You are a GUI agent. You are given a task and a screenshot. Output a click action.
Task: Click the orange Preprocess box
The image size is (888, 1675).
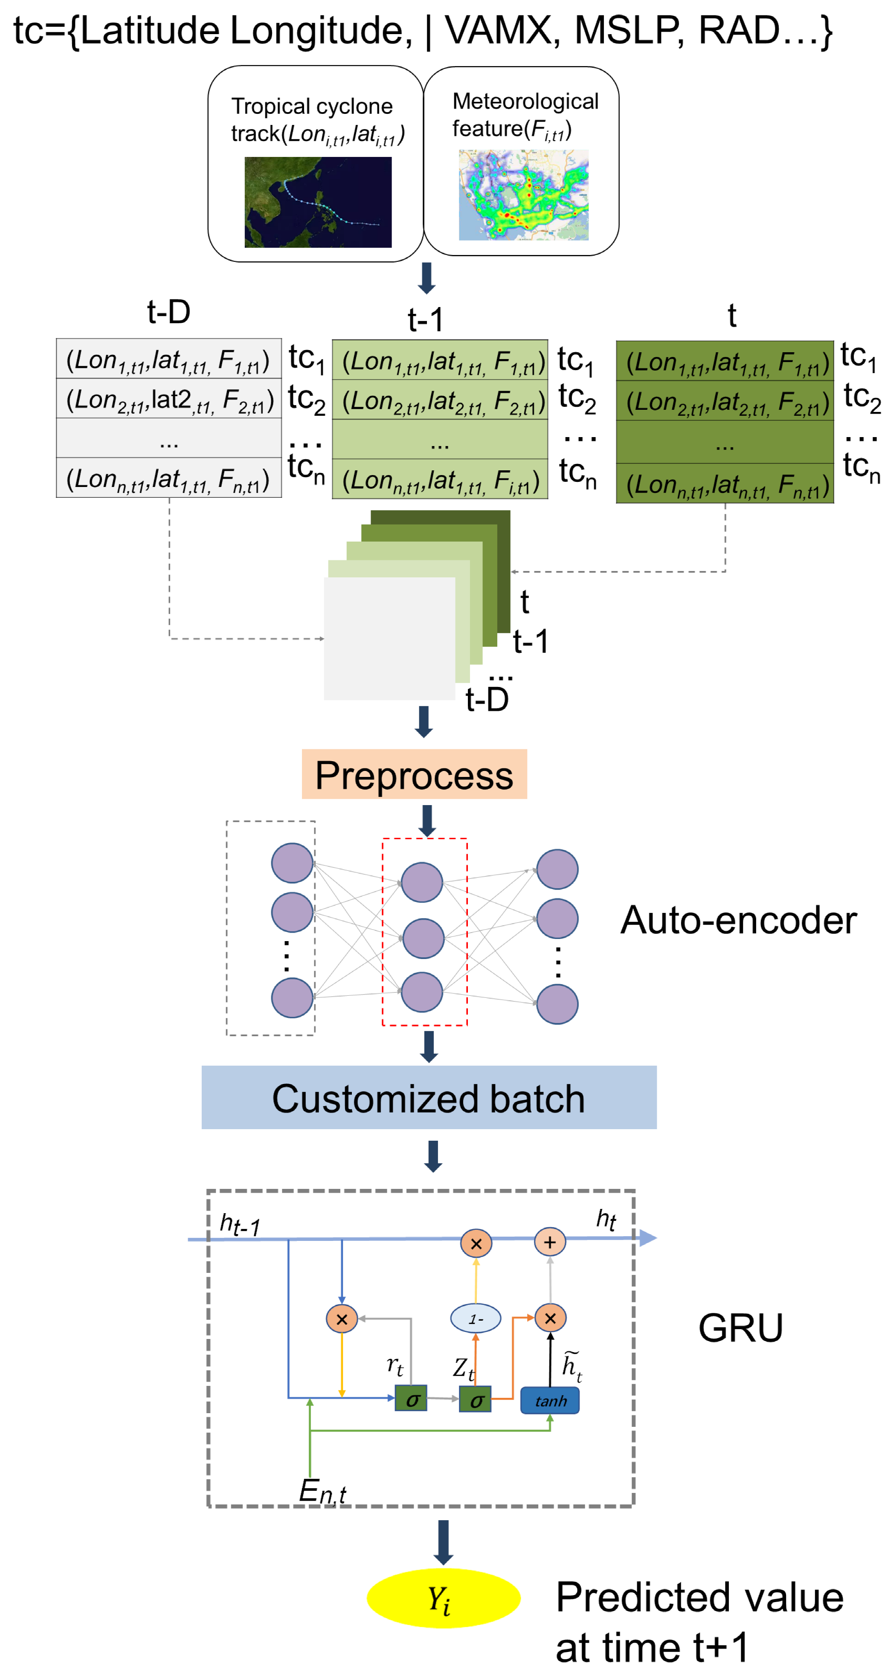414,774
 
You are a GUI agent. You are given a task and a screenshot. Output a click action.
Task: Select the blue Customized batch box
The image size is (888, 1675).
428,1098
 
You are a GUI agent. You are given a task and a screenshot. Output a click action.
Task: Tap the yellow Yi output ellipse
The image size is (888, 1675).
443,1598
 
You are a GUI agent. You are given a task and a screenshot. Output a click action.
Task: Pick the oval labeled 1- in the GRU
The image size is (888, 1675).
476,1319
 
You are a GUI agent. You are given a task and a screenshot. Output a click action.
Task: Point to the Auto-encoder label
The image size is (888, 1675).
738,920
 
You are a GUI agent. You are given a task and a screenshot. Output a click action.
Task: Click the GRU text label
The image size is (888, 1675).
740,1328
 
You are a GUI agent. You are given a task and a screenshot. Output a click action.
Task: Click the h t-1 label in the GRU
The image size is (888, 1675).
239,1225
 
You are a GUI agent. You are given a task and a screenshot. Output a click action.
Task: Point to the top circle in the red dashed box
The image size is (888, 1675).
421,882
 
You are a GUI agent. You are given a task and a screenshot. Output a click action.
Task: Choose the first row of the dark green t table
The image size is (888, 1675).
724,362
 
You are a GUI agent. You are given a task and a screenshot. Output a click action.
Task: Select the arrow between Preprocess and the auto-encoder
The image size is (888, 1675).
427,820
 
